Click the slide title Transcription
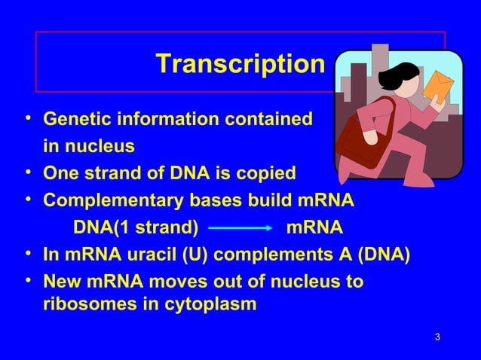(240, 65)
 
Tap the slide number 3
(438, 334)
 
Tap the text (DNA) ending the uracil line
(384, 255)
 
